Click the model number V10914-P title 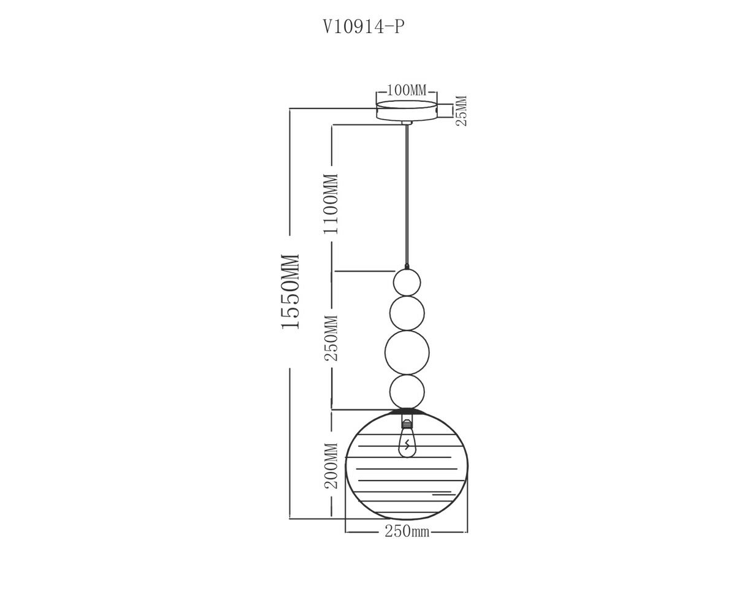click(364, 27)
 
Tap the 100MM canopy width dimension click(407, 91)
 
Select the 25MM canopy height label click(461, 110)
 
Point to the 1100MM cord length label click(330, 204)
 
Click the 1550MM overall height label click(291, 292)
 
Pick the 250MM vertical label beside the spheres click(331, 338)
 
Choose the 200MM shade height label click(331, 466)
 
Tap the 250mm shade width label click(407, 532)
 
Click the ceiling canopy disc click(407, 110)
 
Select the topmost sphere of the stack click(407, 283)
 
